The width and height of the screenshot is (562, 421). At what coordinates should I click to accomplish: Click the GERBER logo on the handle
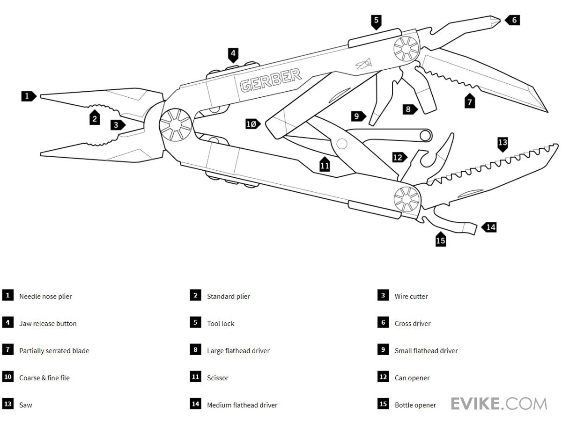click(x=270, y=80)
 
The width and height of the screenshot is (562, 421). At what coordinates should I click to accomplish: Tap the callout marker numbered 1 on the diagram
click(x=28, y=96)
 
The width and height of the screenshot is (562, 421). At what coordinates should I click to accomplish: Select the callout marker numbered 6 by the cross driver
click(x=513, y=20)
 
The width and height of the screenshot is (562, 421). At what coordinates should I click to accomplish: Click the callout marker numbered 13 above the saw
click(x=503, y=143)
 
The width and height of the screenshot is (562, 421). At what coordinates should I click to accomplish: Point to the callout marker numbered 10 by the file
click(x=252, y=124)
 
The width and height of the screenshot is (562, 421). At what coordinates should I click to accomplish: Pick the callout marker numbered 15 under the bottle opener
click(x=440, y=240)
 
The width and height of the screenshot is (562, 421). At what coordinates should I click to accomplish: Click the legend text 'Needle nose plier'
click(x=45, y=296)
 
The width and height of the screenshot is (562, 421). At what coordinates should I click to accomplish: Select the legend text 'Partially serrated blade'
click(x=54, y=350)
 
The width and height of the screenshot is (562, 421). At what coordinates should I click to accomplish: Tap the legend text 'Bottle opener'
click(x=415, y=405)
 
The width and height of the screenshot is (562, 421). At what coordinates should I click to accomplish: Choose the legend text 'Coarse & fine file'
click(x=44, y=378)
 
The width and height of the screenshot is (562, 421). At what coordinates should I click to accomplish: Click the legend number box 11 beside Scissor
click(x=195, y=377)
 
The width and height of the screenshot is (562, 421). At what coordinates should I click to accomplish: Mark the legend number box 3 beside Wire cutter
click(x=383, y=295)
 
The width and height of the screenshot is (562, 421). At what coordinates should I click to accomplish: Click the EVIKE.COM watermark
click(x=499, y=403)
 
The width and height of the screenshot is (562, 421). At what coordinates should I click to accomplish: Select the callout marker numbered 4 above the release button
click(x=233, y=54)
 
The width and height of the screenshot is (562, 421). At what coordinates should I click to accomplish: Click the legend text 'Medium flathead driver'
click(x=242, y=405)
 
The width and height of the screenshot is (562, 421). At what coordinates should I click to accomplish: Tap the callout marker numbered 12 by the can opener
click(x=399, y=157)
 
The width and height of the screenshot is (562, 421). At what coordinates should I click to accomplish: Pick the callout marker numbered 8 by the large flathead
click(x=409, y=109)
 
